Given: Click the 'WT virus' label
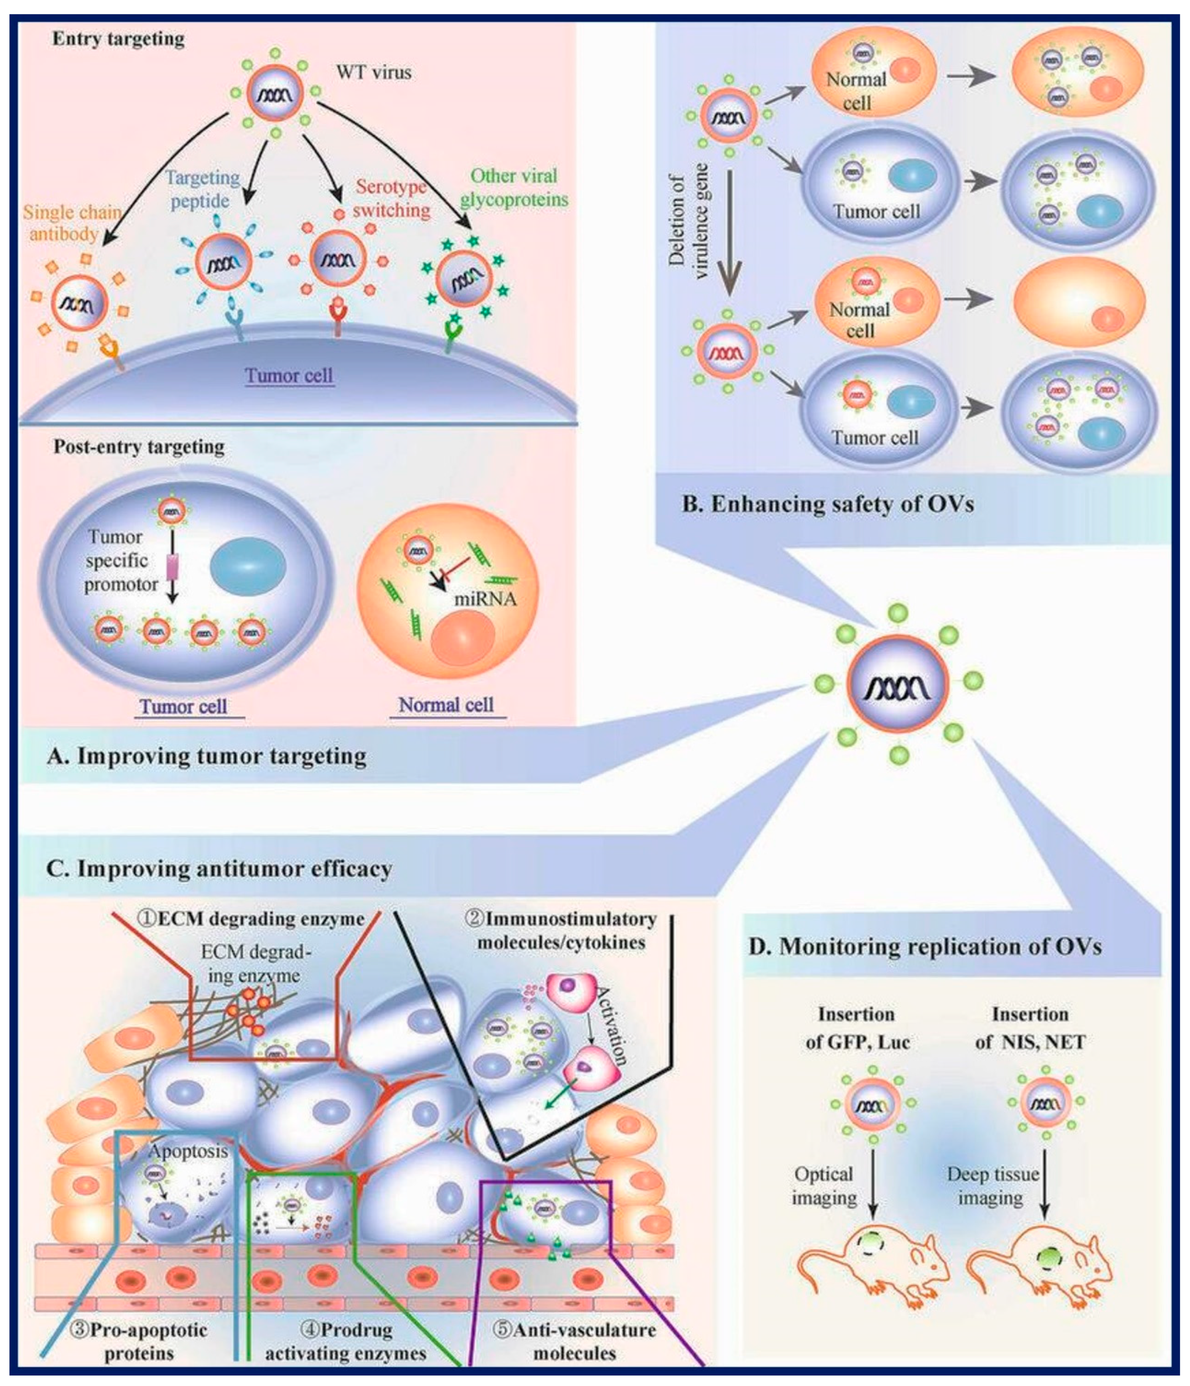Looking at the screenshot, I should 374,72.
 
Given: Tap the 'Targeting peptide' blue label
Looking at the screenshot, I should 202,189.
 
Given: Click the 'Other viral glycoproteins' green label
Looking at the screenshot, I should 513,188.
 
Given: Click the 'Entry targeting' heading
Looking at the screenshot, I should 118,39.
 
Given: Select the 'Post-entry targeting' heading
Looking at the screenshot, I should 139,446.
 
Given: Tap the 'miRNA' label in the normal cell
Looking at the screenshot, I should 485,599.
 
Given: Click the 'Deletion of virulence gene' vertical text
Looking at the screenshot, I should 689,221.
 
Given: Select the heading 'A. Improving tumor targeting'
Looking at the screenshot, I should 206,756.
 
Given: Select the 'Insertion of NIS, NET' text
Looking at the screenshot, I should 1030,1028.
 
